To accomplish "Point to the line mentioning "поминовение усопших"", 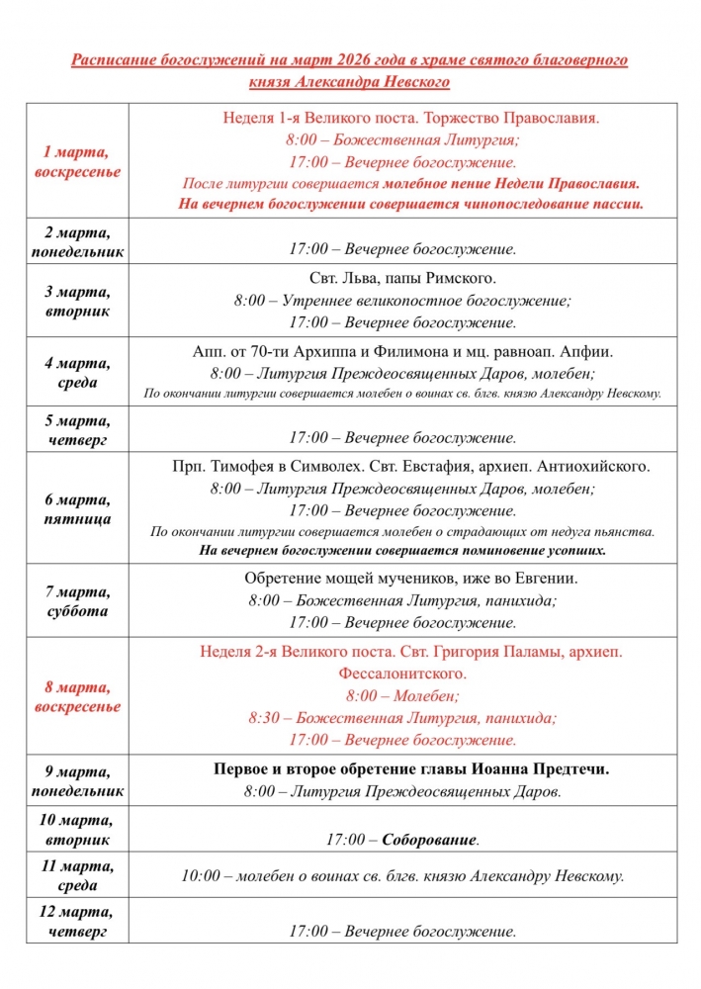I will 402,550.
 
